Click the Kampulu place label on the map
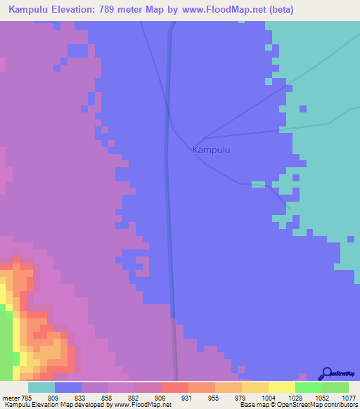point(211,150)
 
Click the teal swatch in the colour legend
point(41,387)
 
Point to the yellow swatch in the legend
point(281,387)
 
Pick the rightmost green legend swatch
point(335,387)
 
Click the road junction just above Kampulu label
point(203,137)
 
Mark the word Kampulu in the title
point(29,10)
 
